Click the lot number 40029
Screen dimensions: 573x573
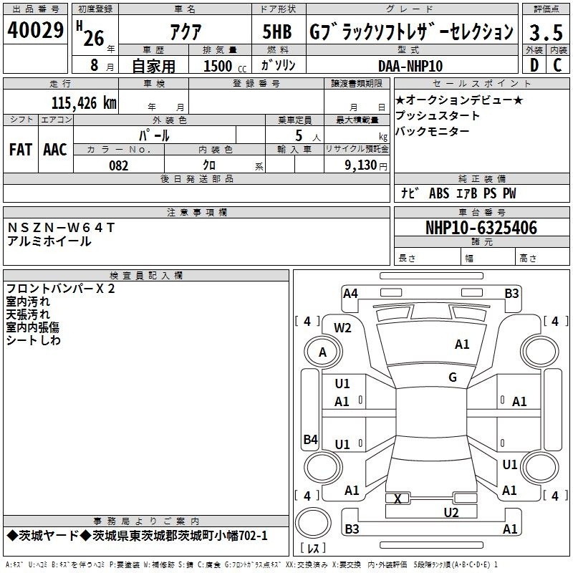tap(35, 30)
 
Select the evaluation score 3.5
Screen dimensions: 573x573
tap(546, 32)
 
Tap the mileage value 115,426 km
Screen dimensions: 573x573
tap(84, 102)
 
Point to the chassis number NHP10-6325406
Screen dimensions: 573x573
tap(481, 228)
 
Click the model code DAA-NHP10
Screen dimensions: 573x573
tap(410, 66)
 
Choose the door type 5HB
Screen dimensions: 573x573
tap(277, 32)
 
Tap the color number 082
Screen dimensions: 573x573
tap(118, 165)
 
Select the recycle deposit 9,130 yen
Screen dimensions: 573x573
tap(366, 165)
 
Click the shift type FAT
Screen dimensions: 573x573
tap(21, 150)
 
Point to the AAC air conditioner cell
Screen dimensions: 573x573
tap(55, 150)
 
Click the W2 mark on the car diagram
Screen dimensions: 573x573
tap(342, 328)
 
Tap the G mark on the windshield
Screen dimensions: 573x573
tap(453, 377)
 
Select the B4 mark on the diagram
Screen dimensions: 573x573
tap(311, 439)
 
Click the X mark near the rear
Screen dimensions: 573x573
tap(398, 499)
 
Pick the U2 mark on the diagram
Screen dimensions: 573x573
tap(451, 513)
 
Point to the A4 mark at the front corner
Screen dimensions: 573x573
tap(350, 294)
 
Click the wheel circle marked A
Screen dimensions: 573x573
tap(323, 352)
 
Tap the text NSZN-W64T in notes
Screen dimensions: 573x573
tap(61, 228)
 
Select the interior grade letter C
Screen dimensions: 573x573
tap(557, 65)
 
